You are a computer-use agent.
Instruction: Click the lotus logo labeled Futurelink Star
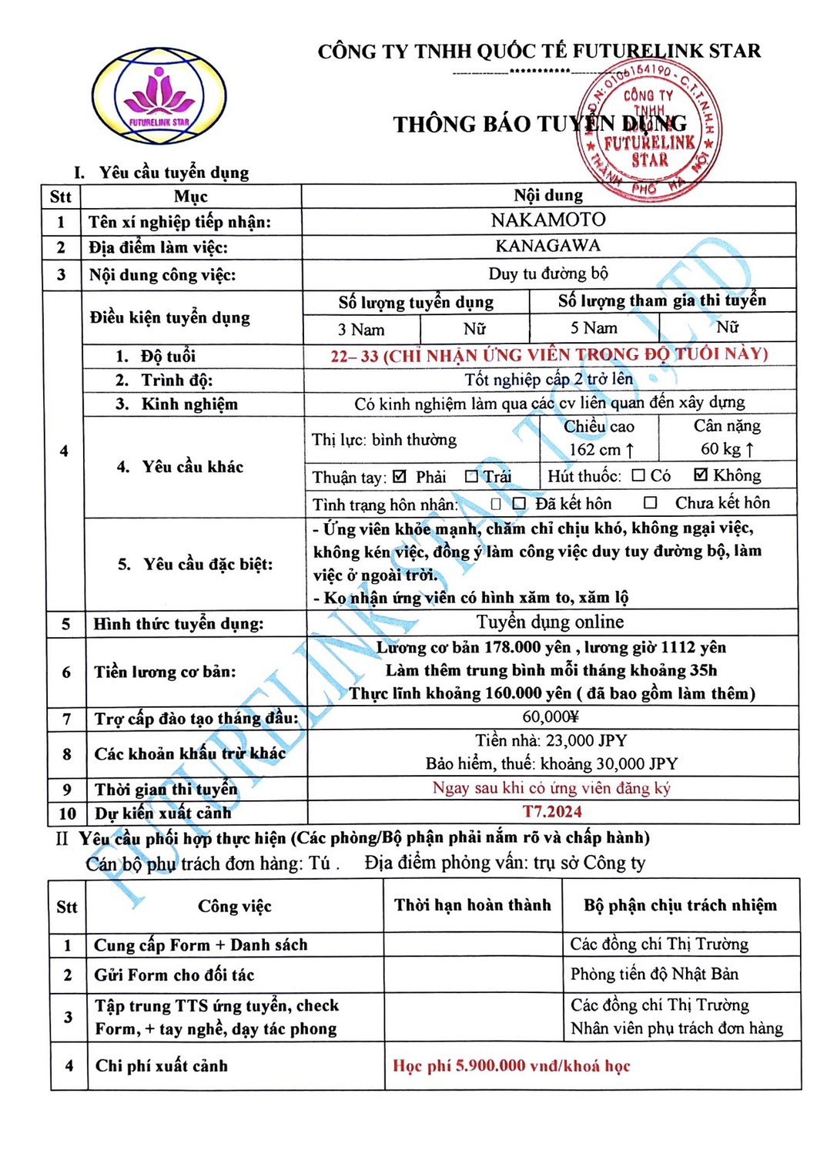[159, 96]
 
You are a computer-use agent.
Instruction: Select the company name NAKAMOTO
[547, 220]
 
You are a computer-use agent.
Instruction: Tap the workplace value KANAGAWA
[547, 246]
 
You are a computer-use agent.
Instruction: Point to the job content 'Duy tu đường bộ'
[547, 273]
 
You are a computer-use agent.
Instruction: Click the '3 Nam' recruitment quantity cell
[361, 330]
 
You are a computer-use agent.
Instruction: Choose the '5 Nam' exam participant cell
[593, 328]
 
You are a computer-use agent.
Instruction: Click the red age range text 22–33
[354, 356]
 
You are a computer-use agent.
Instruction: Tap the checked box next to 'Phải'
[399, 477]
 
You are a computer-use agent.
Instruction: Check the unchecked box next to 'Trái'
[471, 477]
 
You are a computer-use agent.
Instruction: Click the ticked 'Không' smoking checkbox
[700, 475]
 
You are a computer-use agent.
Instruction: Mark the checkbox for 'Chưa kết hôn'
[651, 503]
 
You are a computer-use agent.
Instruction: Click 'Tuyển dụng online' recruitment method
[550, 622]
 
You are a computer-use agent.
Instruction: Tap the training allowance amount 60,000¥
[550, 716]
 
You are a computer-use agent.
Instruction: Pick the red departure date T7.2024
[552, 811]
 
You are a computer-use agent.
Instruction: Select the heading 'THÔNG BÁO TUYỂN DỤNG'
[539, 125]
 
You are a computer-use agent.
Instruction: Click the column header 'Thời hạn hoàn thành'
[472, 905]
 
